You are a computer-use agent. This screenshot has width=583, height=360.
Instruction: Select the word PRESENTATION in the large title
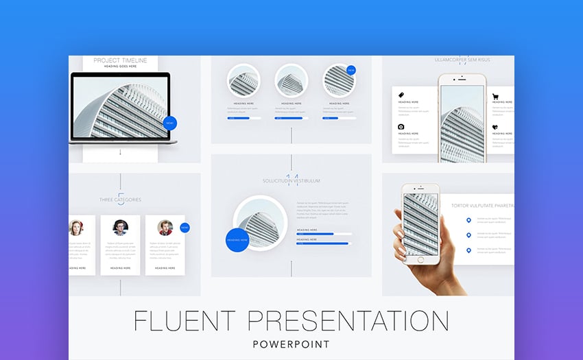coord(348,321)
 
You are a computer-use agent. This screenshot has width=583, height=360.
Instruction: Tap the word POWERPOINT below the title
coord(291,344)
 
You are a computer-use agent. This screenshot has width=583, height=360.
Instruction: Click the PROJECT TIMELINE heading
coord(121,60)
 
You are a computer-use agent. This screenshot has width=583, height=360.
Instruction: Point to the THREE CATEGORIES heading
coord(120,200)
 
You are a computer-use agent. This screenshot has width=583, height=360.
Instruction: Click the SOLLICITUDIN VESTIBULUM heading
coord(291,181)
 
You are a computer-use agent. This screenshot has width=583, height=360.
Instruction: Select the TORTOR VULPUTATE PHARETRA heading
coord(481,205)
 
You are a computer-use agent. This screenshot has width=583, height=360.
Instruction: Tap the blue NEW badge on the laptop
coord(169,123)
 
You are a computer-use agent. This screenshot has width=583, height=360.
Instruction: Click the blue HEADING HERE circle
coord(237,240)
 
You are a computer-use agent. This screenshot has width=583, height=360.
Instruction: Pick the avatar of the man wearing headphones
coord(120,227)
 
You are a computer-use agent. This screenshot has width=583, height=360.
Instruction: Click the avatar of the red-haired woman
coord(76,227)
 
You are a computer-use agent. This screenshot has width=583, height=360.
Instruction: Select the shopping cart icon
coord(495,97)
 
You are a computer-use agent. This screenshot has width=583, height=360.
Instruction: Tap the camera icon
coord(401,127)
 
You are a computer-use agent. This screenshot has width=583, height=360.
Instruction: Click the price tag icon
coord(401,95)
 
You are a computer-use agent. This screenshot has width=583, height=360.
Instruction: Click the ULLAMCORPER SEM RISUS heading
coord(460,60)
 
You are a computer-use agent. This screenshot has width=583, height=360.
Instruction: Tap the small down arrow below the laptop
coord(120,152)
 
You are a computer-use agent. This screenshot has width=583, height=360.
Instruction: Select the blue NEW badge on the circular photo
coord(351,70)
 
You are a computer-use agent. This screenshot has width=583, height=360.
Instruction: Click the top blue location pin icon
coord(469,220)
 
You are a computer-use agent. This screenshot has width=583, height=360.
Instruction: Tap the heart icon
coord(495,127)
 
